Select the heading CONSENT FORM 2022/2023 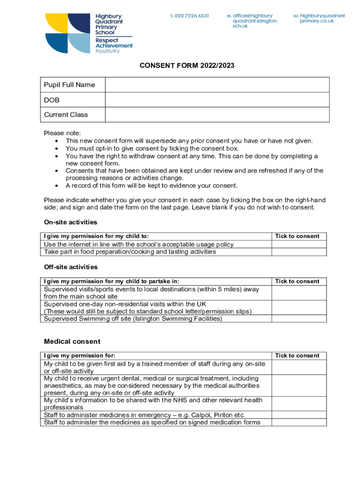pyautogui.click(x=187, y=66)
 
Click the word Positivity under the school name pyautogui.click(x=108, y=51)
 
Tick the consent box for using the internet pyautogui.click(x=299, y=244)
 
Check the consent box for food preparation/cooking pyautogui.click(x=299, y=252)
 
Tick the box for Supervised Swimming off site pyautogui.click(x=299, y=319)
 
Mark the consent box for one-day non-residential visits pyautogui.click(x=299, y=308)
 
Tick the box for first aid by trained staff pyautogui.click(x=299, y=367)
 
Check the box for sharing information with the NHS pyautogui.click(x=299, y=404)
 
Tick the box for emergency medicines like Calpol pyautogui.click(x=299, y=415)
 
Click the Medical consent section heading pyautogui.click(x=72, y=341)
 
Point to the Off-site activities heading pyautogui.click(x=71, y=267)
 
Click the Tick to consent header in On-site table pyautogui.click(x=297, y=236)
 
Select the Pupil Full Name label pyautogui.click(x=69, y=85)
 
